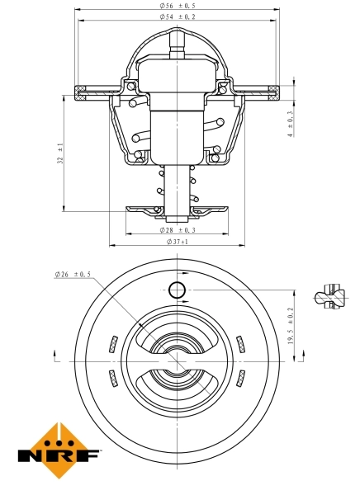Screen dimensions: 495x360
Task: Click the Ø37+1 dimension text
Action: (178, 242)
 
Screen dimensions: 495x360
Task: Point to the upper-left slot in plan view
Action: (111, 343)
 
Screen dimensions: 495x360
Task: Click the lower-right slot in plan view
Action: (240, 378)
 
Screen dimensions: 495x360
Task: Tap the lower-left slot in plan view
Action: (111, 378)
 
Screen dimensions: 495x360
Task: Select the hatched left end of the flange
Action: (82, 90)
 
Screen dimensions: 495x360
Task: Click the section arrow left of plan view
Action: (55, 356)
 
